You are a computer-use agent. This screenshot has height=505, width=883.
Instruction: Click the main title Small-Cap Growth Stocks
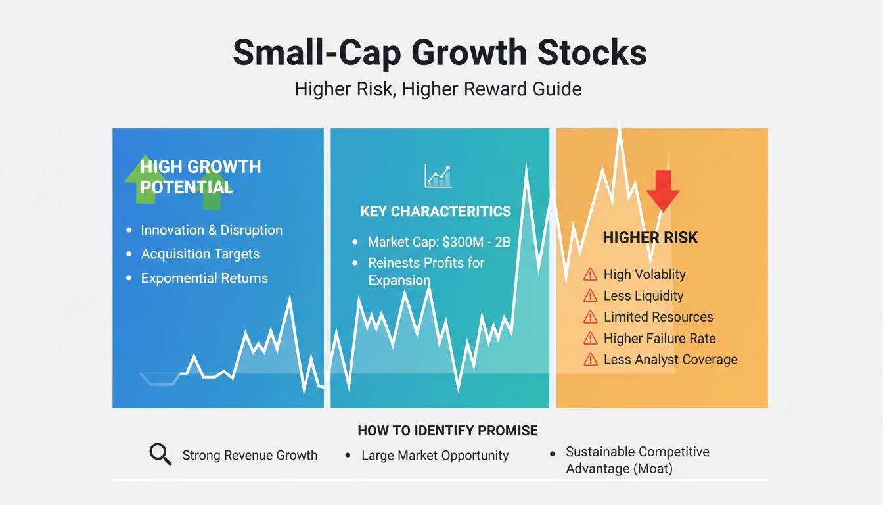point(440,53)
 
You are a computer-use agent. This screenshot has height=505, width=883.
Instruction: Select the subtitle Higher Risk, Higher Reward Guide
point(438,89)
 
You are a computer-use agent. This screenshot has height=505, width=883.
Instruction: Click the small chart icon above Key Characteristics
point(438,176)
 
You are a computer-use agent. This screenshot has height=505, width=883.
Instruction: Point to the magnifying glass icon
point(160,454)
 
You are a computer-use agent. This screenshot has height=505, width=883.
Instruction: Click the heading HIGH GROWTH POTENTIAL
point(200,177)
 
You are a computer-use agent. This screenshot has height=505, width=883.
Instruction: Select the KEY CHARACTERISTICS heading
point(436,212)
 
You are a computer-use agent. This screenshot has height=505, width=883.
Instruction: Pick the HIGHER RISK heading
point(650,238)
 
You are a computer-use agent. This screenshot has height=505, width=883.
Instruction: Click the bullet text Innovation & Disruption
point(212,230)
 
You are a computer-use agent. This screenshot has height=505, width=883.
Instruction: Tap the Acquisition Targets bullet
point(200,254)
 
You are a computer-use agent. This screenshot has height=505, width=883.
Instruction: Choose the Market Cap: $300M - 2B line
point(438,242)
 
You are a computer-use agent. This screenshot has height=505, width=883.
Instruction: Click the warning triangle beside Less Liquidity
point(590,296)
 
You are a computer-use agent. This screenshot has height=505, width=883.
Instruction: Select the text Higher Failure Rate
point(660,339)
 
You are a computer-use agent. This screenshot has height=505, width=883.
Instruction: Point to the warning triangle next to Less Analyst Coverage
point(590,360)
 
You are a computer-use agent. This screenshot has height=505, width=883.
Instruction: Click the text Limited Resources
point(658,317)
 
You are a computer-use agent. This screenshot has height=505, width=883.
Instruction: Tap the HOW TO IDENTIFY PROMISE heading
point(447,431)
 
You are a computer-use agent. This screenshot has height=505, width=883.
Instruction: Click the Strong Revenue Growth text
point(250,455)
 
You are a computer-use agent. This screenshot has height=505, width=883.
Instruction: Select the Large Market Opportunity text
point(435,455)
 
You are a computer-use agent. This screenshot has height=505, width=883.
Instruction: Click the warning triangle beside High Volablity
point(590,275)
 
